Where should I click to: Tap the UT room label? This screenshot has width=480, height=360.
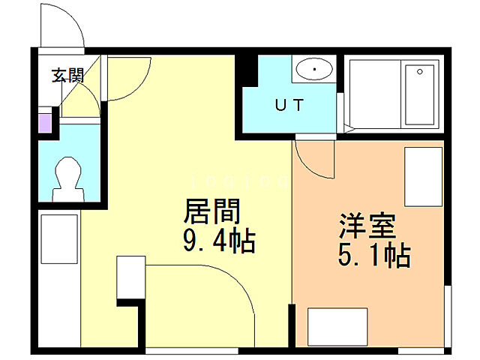289,106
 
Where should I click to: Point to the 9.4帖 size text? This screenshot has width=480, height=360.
218,241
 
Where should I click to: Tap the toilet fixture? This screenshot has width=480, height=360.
67,178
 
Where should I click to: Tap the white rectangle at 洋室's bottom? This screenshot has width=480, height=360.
337,327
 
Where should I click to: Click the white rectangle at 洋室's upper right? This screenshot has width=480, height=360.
424,177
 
